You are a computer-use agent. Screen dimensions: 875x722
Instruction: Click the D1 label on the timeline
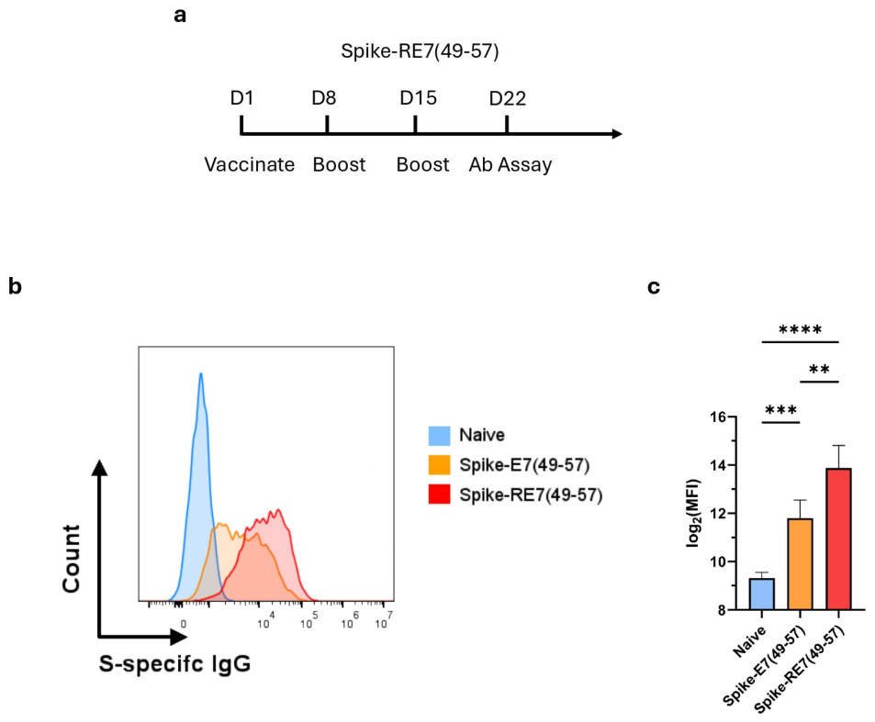[x=242, y=98]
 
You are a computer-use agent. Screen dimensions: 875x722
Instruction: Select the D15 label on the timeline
[x=418, y=98]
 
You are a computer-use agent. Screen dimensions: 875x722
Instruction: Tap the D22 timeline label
[x=507, y=99]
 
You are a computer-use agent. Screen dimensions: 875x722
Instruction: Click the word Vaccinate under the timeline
[x=250, y=164]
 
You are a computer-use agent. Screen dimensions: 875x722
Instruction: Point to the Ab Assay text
[x=510, y=165]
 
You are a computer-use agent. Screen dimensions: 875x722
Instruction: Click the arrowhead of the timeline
[x=617, y=134]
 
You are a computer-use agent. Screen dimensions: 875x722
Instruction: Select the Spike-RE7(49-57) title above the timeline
[x=420, y=51]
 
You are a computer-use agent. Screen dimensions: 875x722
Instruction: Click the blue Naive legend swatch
[x=439, y=436]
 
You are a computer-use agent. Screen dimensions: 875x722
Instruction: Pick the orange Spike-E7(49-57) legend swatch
[x=439, y=465]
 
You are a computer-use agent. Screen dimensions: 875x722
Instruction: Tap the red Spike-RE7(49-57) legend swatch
[x=439, y=494]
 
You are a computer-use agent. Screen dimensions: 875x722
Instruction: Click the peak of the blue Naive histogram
[x=201, y=373]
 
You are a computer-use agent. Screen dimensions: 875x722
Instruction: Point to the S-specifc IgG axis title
[x=174, y=663]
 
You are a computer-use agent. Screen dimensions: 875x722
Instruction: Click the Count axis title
[x=72, y=558]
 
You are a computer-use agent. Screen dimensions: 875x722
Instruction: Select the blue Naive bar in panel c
[x=762, y=594]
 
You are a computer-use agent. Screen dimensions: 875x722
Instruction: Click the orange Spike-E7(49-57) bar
[x=801, y=564]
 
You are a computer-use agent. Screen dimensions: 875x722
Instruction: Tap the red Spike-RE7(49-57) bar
[x=838, y=539]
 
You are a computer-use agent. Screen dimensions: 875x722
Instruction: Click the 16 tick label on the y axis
[x=718, y=417]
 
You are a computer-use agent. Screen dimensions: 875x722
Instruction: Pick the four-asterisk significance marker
[x=801, y=330]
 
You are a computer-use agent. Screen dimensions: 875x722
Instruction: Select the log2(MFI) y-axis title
[x=693, y=513]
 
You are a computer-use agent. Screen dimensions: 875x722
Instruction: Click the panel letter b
[x=15, y=286]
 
